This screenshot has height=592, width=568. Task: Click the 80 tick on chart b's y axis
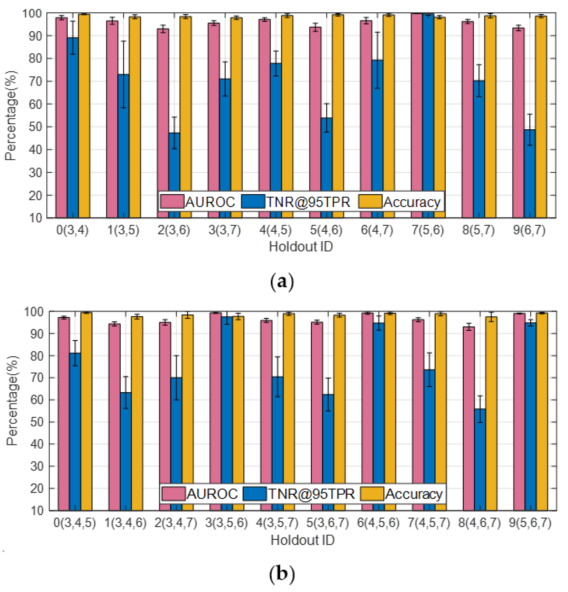(x=37, y=356)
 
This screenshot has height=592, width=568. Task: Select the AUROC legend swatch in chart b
(x=173, y=494)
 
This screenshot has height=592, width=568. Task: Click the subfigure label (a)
(x=282, y=282)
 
